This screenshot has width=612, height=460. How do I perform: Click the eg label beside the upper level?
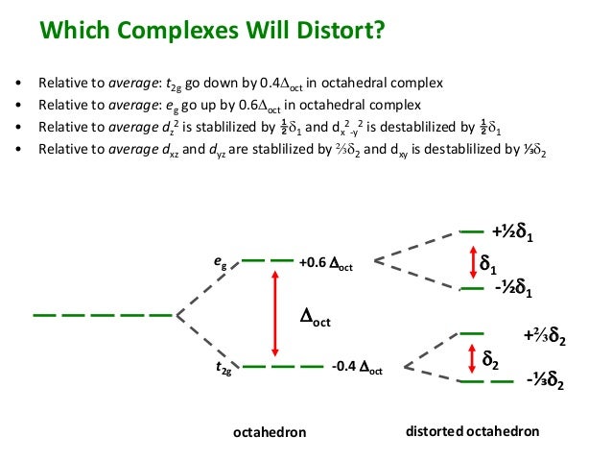(x=220, y=260)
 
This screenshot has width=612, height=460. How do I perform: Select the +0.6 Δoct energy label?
(x=326, y=262)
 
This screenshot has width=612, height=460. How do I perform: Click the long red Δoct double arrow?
(x=275, y=314)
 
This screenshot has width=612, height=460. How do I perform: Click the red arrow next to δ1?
(x=471, y=262)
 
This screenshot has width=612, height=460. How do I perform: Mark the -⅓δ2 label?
(x=544, y=384)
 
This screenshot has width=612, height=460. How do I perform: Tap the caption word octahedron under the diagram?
(x=270, y=432)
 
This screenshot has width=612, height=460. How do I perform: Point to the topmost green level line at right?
(x=471, y=232)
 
